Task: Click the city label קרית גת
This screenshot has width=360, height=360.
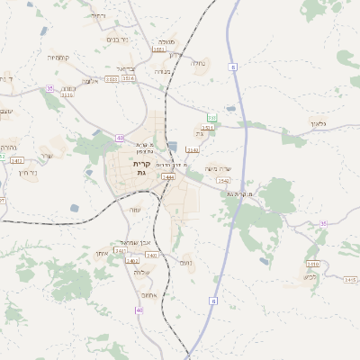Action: pyautogui.click(x=141, y=168)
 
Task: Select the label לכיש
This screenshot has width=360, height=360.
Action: pyautogui.click(x=310, y=277)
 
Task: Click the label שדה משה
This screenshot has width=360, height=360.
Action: pyautogui.click(x=218, y=168)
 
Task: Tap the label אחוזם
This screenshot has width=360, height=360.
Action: pyautogui.click(x=149, y=294)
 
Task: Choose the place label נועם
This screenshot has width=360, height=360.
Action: pyautogui.click(x=185, y=263)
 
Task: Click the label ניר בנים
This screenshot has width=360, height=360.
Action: pyautogui.click(x=118, y=39)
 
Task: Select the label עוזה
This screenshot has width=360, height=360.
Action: pyautogui.click(x=136, y=209)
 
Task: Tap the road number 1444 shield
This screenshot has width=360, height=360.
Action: pyautogui.click(x=168, y=177)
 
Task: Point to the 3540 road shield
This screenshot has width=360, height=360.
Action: pyautogui.click(x=222, y=181)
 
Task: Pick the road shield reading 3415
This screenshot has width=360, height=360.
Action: pyautogui.click(x=350, y=280)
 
